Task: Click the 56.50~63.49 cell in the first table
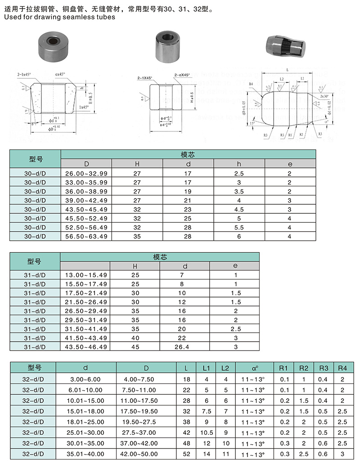pyautogui.click(x=86, y=236)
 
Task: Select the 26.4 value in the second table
pyautogui.click(x=185, y=347)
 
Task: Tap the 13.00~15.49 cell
pyautogui.click(x=86, y=275)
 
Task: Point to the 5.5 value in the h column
pyautogui.click(x=239, y=227)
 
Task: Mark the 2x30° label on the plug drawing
pyautogui.click(x=324, y=96)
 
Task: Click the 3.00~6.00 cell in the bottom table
pyautogui.click(x=86, y=379)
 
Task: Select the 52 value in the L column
pyautogui.click(x=186, y=454)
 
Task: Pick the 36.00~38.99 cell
pyautogui.click(x=86, y=191)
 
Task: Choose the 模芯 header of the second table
pyautogui.click(x=160, y=257)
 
